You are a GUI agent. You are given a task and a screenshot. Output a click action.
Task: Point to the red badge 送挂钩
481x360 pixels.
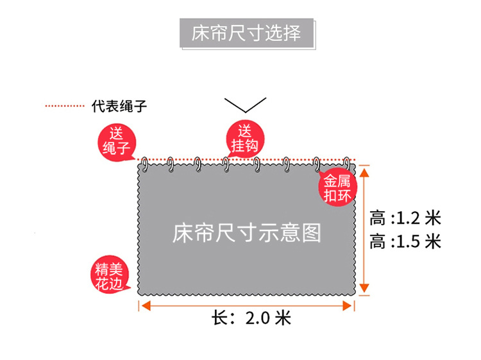pos(245,139)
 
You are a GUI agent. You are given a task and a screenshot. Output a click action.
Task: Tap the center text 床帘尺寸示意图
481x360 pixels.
pos(246,233)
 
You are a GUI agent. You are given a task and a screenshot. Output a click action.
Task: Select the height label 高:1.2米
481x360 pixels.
pos(405,218)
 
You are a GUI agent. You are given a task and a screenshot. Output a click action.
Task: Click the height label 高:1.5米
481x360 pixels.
pos(405,241)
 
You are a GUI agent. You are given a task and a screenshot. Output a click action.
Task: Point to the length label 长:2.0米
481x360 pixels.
pos(251,317)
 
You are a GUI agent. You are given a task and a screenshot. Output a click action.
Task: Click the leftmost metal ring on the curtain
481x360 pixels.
pos(144,164)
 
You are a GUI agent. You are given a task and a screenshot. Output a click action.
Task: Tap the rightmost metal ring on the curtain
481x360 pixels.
pos(347,164)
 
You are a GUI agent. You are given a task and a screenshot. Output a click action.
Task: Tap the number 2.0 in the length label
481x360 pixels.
pos(259,317)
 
